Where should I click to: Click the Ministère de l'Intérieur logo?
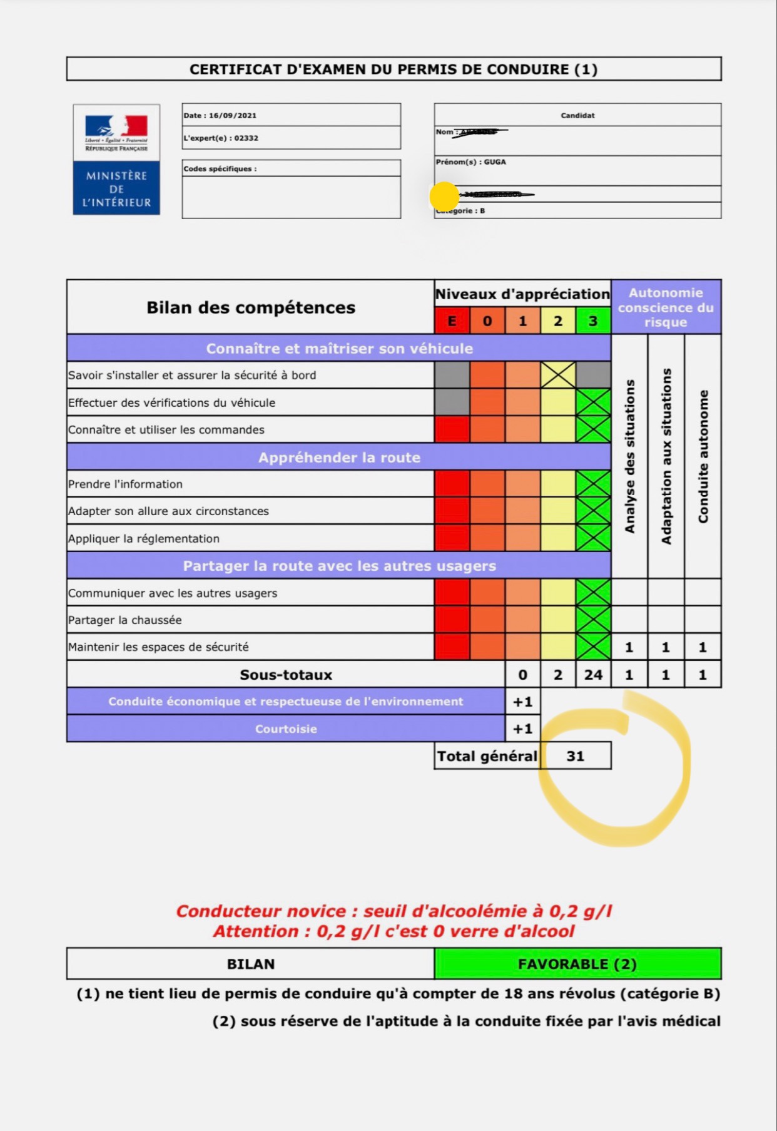point(116,160)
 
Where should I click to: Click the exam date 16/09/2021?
point(232,116)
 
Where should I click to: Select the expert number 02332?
point(246,138)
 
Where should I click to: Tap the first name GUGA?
point(494,162)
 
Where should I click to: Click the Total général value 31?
point(575,756)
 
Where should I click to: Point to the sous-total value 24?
point(593,675)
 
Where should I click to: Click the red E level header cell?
point(452,321)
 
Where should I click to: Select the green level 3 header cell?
point(593,321)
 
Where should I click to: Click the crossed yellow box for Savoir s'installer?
point(558,375)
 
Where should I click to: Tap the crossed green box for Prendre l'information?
point(593,484)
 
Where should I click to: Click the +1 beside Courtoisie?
point(522,729)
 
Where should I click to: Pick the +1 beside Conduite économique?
point(522,702)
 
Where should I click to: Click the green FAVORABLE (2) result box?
point(577,964)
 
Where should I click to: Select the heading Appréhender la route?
point(339,458)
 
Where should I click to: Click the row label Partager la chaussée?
point(125,620)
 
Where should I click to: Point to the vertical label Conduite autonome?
point(703,456)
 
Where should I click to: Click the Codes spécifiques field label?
point(220,169)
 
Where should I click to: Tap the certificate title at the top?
point(394,69)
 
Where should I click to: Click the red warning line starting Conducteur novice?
point(394,911)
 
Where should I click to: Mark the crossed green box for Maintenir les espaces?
point(593,647)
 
